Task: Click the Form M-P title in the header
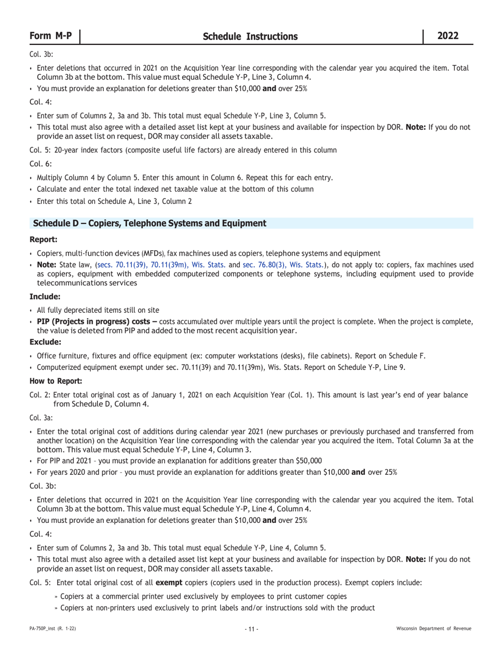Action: (51, 36)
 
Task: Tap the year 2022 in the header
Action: (448, 36)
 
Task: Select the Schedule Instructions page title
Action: (250, 37)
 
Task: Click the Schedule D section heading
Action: (149, 223)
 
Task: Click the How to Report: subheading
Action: (56, 381)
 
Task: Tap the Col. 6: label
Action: (41, 164)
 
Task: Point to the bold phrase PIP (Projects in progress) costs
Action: (96, 322)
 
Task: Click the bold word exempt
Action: (168, 583)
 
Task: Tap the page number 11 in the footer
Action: (251, 629)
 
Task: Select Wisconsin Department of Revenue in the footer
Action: (434, 629)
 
